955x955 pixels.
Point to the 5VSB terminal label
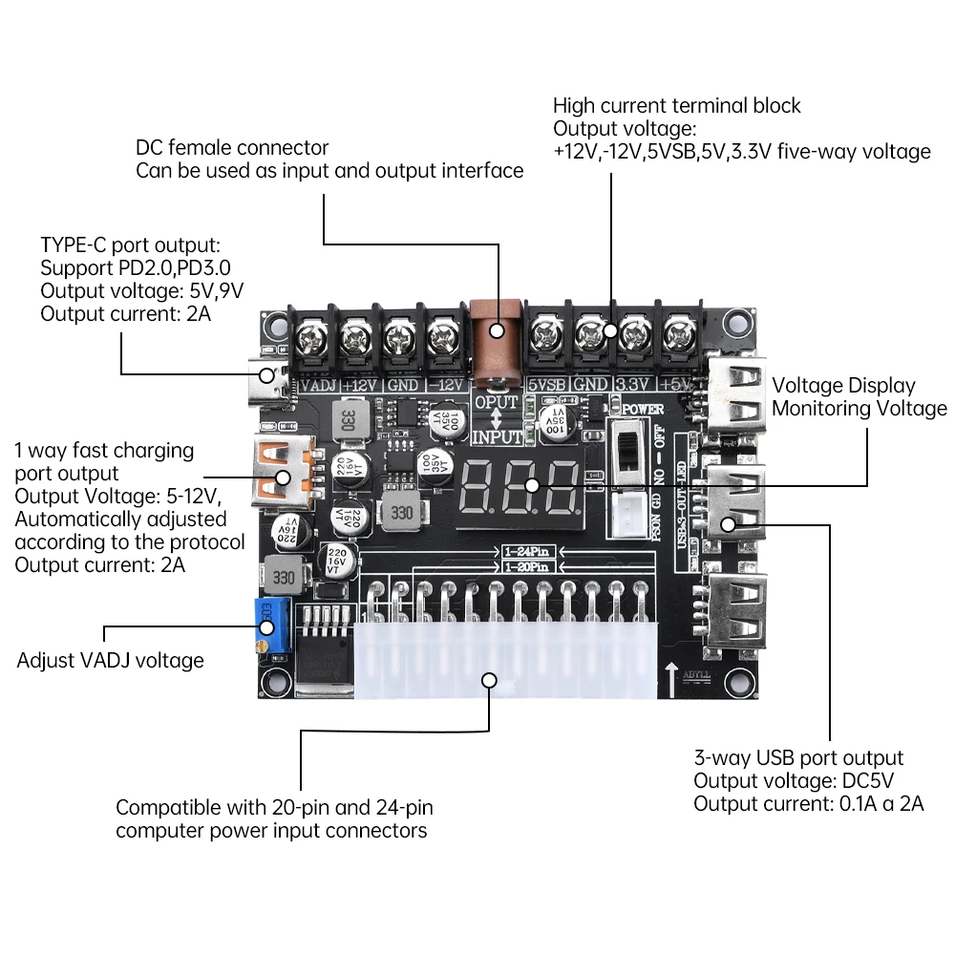click(x=547, y=385)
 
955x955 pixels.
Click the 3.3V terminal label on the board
click(x=631, y=385)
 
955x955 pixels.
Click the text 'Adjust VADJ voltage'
click(x=110, y=660)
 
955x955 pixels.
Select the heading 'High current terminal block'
click(x=676, y=105)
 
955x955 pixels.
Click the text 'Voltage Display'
click(x=843, y=386)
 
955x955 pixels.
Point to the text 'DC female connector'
click(x=232, y=148)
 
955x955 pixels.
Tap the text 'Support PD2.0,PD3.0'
click(x=136, y=267)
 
